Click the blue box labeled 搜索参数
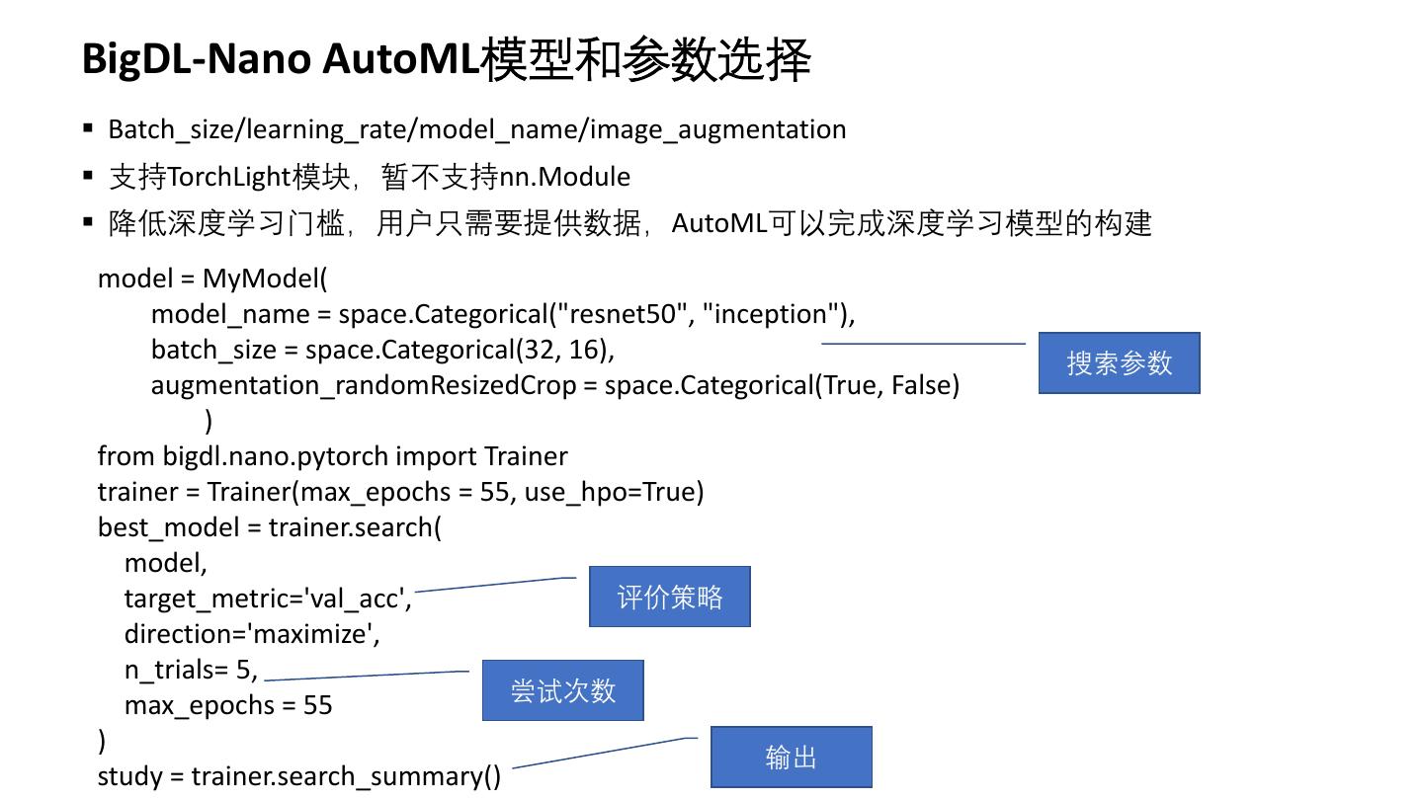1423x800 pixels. tap(1119, 363)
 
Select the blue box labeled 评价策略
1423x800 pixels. tap(670, 597)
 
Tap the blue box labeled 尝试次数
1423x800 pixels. tap(563, 690)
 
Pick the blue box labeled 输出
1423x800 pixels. tap(791, 757)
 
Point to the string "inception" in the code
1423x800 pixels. tap(771, 314)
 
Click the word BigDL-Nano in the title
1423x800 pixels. tap(196, 59)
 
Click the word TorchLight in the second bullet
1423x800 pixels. tap(229, 177)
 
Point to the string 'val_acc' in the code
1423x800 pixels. tap(357, 599)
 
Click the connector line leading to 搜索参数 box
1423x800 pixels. tap(923, 344)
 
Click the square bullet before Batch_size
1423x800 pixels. tap(88, 128)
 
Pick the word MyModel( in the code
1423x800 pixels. tap(264, 279)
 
